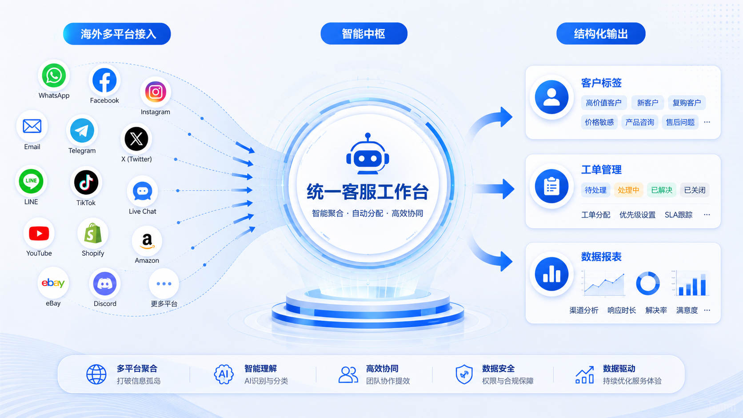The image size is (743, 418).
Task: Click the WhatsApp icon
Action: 54,76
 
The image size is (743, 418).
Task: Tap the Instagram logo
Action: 155,92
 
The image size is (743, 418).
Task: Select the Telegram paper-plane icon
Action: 82,131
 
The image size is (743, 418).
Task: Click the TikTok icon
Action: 86,182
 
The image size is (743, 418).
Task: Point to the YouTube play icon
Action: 39,234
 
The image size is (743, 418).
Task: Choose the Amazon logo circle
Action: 147,241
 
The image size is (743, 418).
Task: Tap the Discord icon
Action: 105,284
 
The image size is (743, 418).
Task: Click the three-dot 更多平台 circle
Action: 164,284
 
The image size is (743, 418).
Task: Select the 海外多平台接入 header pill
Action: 117,34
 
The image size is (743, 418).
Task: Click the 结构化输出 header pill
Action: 601,33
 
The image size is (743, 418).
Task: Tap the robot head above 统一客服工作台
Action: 368,154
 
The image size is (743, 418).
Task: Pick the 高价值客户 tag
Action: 603,103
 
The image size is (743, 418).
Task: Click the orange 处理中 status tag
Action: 628,190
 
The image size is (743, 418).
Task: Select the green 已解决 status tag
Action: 661,190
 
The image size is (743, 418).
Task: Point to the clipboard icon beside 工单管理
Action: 551,187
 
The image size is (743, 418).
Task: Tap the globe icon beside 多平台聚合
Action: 96,374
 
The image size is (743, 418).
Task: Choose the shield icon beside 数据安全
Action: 464,374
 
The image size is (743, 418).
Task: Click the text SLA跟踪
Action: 678,215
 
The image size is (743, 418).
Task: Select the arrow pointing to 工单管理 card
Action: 494,189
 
